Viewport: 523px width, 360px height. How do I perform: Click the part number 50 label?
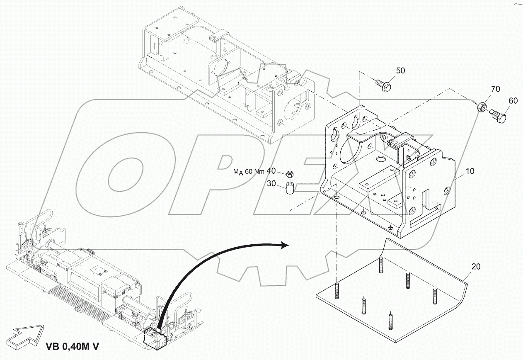(400, 71)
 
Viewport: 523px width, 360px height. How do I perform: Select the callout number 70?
(495, 89)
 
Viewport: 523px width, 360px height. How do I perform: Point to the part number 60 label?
(513, 100)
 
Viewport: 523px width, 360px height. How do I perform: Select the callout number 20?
(476, 267)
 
